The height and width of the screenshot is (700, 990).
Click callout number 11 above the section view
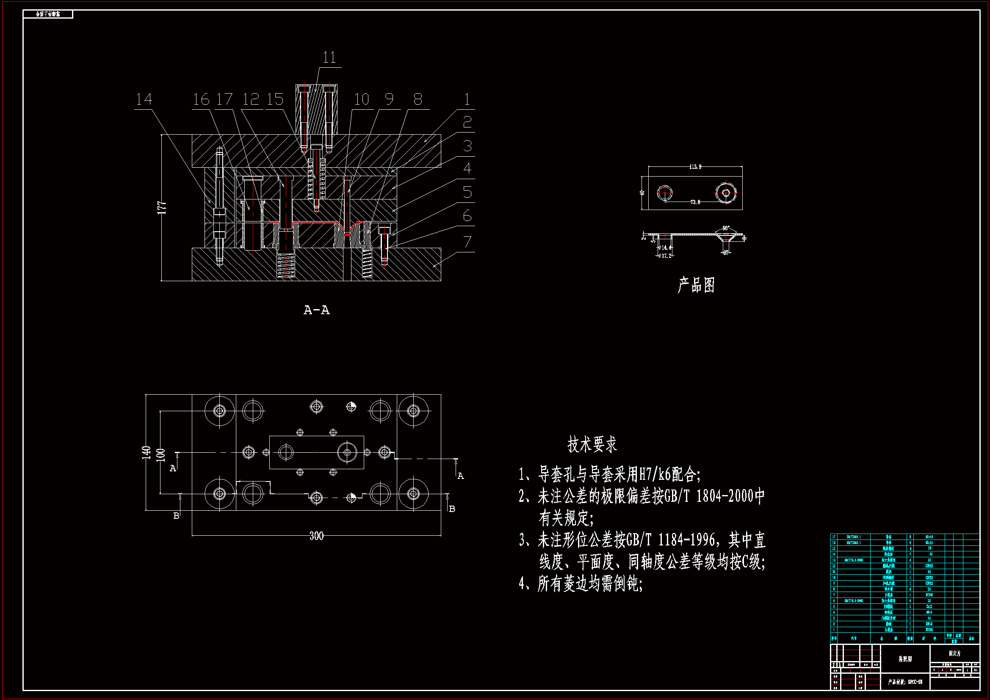tap(329, 57)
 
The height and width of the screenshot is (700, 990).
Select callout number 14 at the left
tap(144, 99)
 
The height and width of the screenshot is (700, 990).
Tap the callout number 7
tap(467, 242)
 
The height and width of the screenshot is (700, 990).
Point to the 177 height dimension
tap(162, 208)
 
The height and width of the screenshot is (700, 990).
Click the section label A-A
tap(316, 310)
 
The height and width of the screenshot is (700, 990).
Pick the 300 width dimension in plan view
tap(316, 536)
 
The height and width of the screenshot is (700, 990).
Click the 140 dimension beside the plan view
tap(147, 452)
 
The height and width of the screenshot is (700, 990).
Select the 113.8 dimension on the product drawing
tap(695, 167)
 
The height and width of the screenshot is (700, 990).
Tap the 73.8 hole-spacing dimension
tap(695, 202)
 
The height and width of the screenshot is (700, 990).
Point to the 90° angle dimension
tap(726, 228)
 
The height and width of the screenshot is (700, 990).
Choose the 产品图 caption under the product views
tap(697, 285)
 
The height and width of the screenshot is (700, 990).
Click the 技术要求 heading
tap(592, 444)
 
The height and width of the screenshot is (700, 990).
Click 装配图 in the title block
tap(905, 659)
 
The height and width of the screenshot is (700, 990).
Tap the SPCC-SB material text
tap(915, 682)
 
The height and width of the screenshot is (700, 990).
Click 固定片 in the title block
tap(954, 653)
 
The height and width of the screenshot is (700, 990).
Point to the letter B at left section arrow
tap(176, 516)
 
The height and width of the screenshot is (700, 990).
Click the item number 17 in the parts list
tap(833, 537)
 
